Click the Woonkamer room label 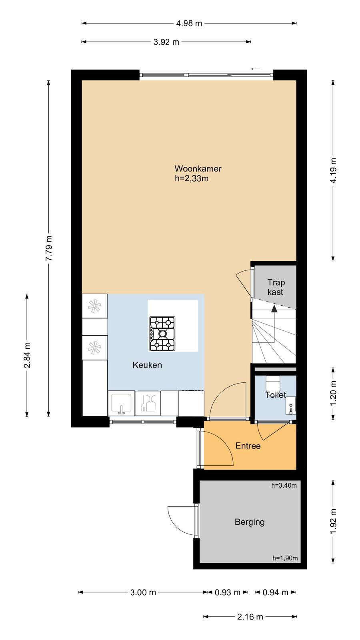(198, 168)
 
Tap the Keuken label (147, 365)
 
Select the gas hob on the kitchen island (162, 334)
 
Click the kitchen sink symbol (122, 404)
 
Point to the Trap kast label (276, 287)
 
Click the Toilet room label (276, 395)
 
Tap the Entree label (248, 446)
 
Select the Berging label (250, 522)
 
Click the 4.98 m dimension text (189, 24)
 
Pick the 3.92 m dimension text (166, 42)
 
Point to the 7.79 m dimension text (49, 248)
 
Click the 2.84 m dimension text (27, 355)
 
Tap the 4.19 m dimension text (333, 171)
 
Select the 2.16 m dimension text (250, 625)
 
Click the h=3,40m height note (284, 486)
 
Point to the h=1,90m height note (285, 558)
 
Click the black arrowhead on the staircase (274, 308)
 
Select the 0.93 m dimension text (228, 592)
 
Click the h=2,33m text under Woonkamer (192, 178)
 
